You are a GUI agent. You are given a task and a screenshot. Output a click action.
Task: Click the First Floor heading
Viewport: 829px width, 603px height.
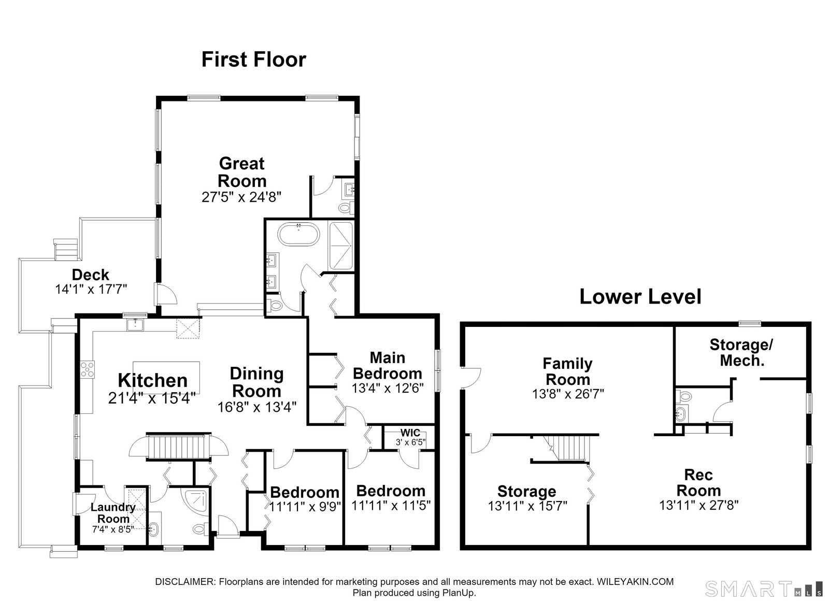click(253, 60)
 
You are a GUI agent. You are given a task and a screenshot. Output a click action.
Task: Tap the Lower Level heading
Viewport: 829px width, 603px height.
click(640, 297)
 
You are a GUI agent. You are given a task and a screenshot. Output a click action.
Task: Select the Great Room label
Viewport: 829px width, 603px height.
click(241, 172)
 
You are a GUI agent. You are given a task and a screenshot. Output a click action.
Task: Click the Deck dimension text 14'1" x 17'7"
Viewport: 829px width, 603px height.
click(91, 289)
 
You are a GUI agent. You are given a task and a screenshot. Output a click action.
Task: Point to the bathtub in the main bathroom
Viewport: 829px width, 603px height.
click(298, 234)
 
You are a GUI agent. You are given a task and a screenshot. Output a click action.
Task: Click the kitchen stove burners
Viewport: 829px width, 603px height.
click(88, 369)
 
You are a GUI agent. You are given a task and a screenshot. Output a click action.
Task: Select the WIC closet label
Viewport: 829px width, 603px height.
click(410, 433)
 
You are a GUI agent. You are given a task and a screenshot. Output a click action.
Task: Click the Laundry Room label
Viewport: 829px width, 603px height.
click(113, 513)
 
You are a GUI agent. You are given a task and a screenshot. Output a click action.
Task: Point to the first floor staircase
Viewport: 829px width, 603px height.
click(178, 447)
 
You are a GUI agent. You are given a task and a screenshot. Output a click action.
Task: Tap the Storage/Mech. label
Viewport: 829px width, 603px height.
click(741, 353)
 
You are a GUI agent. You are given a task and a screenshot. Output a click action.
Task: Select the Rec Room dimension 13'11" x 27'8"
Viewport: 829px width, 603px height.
click(699, 505)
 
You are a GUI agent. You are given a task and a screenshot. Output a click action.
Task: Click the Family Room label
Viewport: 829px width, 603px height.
click(568, 371)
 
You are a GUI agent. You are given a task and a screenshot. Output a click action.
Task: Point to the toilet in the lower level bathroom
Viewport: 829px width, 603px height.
click(683, 397)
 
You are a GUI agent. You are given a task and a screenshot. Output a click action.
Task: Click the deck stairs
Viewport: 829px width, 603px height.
click(65, 249)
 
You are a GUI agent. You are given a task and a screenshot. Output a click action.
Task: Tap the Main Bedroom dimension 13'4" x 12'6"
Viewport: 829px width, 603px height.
click(388, 388)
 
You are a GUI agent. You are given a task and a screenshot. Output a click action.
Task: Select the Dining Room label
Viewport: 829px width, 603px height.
click(256, 382)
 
